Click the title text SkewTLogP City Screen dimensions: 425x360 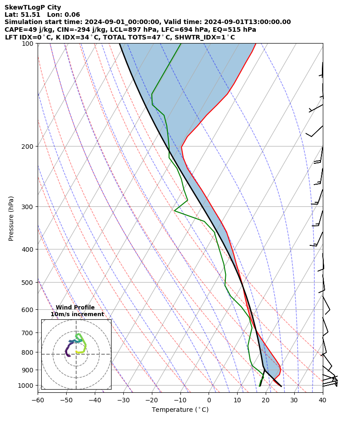click(33, 7)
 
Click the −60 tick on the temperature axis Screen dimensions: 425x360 click(38, 400)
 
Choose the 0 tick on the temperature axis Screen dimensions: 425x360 click(209, 400)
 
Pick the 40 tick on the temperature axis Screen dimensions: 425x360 click(322, 400)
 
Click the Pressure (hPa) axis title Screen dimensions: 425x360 click(11, 218)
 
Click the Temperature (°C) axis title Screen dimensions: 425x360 click(180, 410)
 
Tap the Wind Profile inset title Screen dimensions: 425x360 click(75, 308)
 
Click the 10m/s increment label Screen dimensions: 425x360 click(77, 314)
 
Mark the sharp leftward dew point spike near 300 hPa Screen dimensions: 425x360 click(175, 210)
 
